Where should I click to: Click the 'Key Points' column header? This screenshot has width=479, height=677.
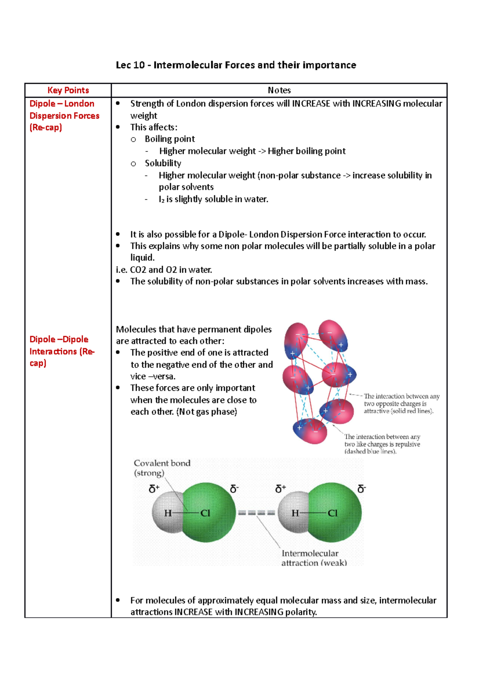point(68,90)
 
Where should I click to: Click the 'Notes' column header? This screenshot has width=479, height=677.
point(279,90)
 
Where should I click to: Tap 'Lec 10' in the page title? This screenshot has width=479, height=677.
point(130,65)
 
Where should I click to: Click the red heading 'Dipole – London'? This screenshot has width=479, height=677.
point(62,104)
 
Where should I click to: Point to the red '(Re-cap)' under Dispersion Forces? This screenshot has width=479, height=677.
point(46,128)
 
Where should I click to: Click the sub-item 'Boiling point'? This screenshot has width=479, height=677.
point(170,139)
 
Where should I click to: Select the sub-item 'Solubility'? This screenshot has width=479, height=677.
point(163,163)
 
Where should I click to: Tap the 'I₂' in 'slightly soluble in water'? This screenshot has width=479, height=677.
point(161,199)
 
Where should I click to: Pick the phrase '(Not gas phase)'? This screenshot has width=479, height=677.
point(206,412)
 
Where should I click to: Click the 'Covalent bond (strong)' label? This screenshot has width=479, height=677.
point(161,468)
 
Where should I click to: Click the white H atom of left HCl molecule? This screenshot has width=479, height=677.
point(166,513)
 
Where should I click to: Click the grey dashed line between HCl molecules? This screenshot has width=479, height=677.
point(256,513)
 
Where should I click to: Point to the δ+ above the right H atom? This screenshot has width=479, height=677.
point(281,489)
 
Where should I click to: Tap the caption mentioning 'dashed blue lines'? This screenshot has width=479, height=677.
point(382,444)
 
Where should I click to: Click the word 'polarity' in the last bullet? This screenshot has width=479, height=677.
point(301,612)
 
